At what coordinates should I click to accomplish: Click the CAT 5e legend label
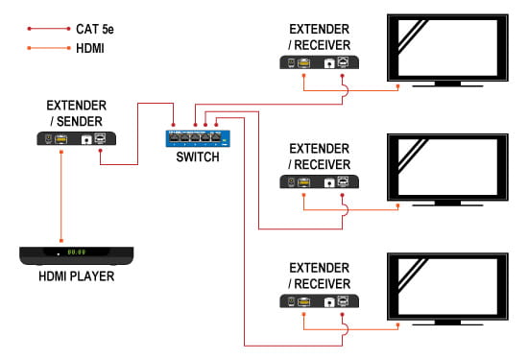(x=95, y=30)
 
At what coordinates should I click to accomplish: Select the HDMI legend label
(x=90, y=49)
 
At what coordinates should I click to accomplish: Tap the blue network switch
(x=198, y=138)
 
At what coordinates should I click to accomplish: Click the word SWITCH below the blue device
(x=198, y=156)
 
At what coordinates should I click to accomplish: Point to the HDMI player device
(x=77, y=255)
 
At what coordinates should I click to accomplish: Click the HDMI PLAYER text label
(x=77, y=276)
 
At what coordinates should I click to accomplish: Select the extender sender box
(x=77, y=139)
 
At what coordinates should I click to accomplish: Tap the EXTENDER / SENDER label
(x=77, y=113)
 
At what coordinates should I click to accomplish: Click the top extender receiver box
(x=320, y=62)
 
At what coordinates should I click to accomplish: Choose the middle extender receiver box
(x=320, y=181)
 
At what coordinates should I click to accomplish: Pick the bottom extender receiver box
(x=320, y=301)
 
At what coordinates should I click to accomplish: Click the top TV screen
(x=447, y=48)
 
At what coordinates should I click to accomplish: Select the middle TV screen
(x=447, y=167)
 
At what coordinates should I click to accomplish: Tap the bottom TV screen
(x=447, y=287)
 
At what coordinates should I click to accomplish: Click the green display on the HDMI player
(x=77, y=252)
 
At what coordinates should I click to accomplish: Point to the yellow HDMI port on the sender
(x=60, y=139)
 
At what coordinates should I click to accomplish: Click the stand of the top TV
(x=447, y=84)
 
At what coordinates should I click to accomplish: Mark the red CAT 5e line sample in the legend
(x=49, y=29)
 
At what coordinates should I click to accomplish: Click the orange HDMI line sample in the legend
(x=49, y=48)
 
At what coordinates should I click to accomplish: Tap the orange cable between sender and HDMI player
(x=61, y=197)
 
